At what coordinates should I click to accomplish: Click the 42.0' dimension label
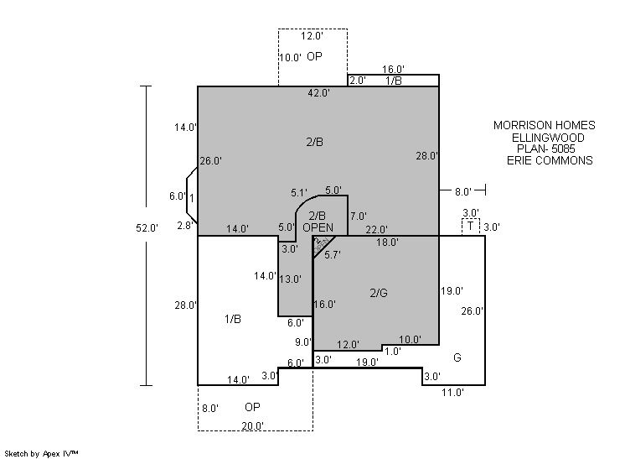318,93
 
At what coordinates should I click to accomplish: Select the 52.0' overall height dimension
147,227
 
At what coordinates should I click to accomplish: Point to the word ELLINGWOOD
549,138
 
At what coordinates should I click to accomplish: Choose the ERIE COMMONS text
549,160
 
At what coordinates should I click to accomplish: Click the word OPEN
318,227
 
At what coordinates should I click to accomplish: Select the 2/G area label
379,293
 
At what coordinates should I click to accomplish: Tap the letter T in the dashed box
470,227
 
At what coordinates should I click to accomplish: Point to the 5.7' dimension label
333,254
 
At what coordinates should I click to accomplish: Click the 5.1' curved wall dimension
299,192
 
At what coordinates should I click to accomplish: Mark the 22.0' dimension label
377,229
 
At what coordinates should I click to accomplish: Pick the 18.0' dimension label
387,243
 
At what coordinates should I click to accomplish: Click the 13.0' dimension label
291,279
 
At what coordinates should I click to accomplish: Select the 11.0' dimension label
453,391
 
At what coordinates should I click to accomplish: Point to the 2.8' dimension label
185,226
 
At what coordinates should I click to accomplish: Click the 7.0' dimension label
358,216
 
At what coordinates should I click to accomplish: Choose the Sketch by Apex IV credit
42,453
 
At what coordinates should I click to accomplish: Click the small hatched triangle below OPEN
320,243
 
